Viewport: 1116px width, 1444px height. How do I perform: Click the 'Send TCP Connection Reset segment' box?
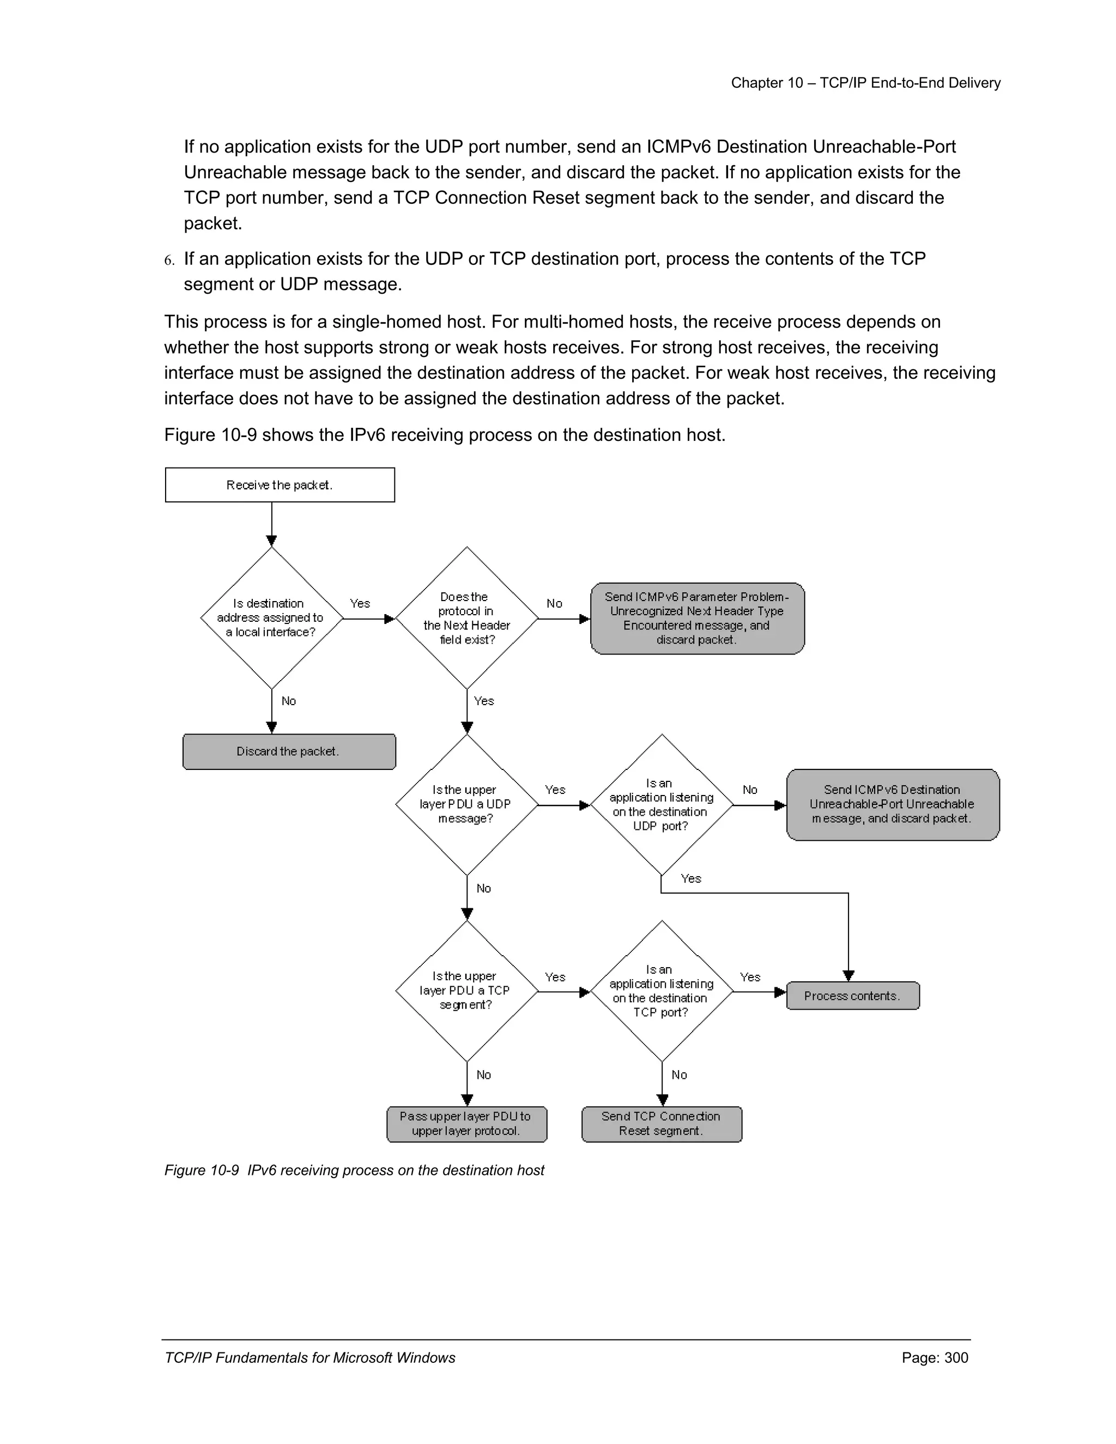(x=661, y=1124)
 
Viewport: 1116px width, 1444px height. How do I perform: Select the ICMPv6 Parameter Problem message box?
(x=697, y=618)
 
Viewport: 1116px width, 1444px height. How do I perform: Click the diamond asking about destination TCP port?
(x=661, y=991)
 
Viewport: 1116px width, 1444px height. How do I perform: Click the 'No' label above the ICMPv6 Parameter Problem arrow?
(x=554, y=603)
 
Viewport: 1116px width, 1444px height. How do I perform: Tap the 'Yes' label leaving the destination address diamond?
(x=360, y=603)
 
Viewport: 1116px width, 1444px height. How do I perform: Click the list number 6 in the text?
(x=169, y=260)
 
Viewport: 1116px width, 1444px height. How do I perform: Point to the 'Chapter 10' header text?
(x=865, y=83)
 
